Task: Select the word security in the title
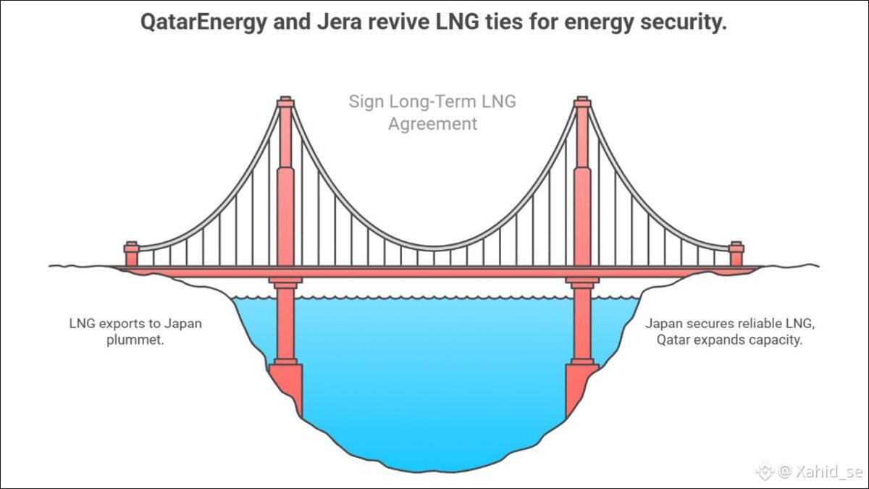[x=684, y=23]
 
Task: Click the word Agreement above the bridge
[x=433, y=124]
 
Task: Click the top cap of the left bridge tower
[x=285, y=102]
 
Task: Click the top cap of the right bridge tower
[x=582, y=102]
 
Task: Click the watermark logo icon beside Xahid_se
[x=765, y=472]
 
